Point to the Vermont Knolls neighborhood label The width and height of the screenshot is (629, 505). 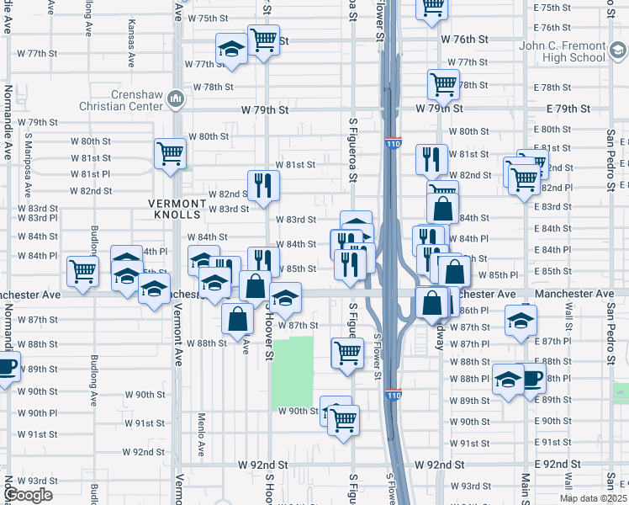pyautogui.click(x=177, y=209)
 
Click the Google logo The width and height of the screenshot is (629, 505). pyautogui.click(x=28, y=495)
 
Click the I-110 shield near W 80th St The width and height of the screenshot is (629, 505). pyautogui.click(x=394, y=144)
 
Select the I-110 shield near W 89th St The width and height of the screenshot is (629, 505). pyautogui.click(x=394, y=394)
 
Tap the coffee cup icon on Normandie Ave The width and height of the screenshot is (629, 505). pyautogui.click(x=7, y=368)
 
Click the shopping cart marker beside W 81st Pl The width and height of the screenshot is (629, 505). pyautogui.click(x=171, y=154)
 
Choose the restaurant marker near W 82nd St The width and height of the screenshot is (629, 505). pyautogui.click(x=263, y=185)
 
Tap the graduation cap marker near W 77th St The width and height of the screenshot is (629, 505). pyautogui.click(x=231, y=50)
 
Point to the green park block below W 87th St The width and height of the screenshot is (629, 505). pyautogui.click(x=293, y=370)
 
